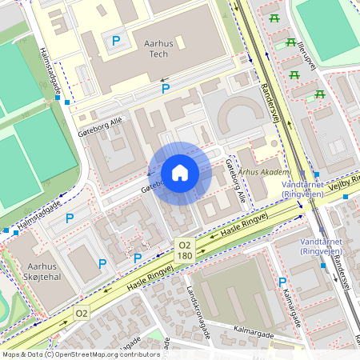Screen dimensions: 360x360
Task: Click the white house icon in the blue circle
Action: coord(180,173)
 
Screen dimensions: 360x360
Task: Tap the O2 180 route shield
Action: coord(185,250)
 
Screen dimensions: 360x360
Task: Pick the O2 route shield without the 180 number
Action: coord(82,312)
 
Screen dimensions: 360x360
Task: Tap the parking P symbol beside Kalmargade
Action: coord(282,282)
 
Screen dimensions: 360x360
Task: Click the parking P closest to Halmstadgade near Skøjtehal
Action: coord(70,218)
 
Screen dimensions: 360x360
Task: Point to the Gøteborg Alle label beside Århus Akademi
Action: coord(234,180)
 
